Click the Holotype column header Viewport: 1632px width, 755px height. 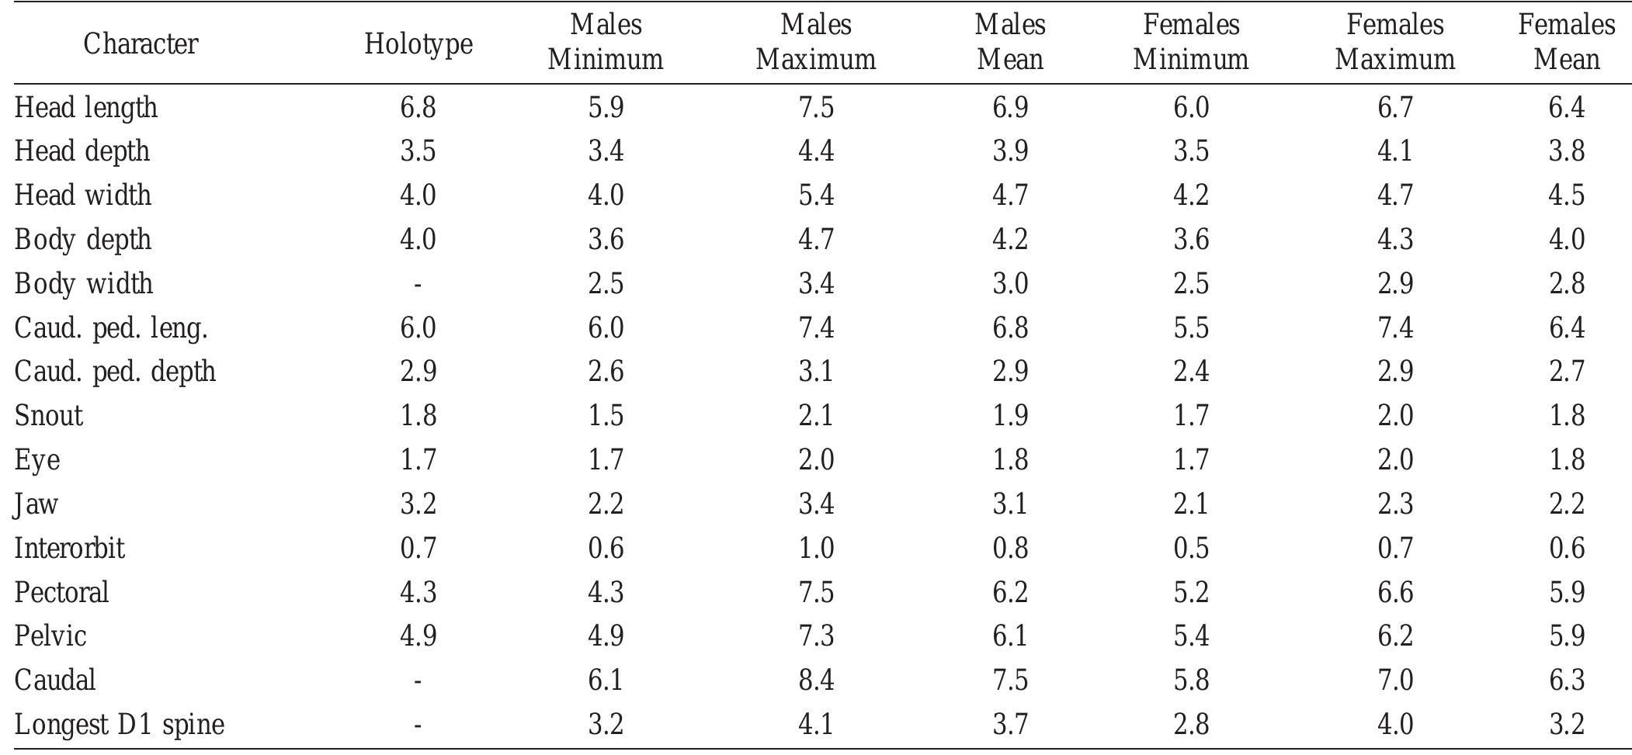pyautogui.click(x=418, y=43)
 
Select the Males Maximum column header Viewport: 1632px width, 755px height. pyautogui.click(x=815, y=42)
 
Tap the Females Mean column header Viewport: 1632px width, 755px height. pyautogui.click(x=1566, y=42)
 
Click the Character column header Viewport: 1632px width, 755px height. pyautogui.click(x=141, y=43)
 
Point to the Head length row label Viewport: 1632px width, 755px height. pyautogui.click(x=86, y=107)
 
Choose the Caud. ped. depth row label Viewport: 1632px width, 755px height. pyautogui.click(x=115, y=372)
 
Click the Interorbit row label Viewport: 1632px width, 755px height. pyautogui.click(x=69, y=549)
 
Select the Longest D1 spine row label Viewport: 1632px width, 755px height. pyautogui.click(x=120, y=725)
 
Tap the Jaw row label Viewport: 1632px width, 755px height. pyautogui.click(x=36, y=504)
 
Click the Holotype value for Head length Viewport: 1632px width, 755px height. pyautogui.click(x=418, y=107)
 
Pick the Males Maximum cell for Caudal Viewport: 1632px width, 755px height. pyautogui.click(x=815, y=681)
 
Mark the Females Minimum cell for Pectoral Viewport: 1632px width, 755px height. pyautogui.click(x=1190, y=593)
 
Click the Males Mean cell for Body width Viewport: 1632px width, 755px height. pyautogui.click(x=1009, y=284)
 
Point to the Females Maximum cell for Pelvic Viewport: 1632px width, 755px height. pyautogui.click(x=1394, y=636)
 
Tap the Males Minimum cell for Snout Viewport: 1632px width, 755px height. pyautogui.click(x=605, y=416)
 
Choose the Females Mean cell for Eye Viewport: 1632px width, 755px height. pyautogui.click(x=1566, y=460)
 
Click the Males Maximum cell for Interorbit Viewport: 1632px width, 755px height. pyautogui.click(x=815, y=549)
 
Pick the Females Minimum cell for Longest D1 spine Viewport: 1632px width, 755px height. pyautogui.click(x=1190, y=725)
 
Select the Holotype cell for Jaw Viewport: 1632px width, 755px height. pyautogui.click(x=418, y=504)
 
